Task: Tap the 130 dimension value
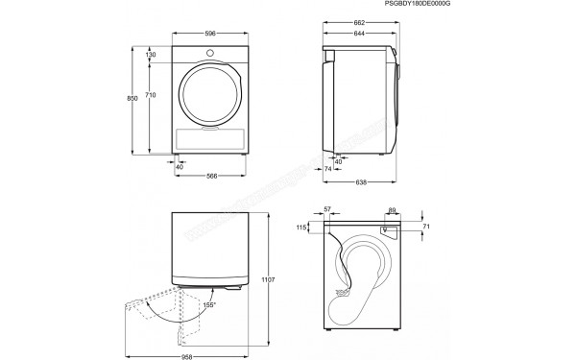coord(151,55)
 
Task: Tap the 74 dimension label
coord(327,168)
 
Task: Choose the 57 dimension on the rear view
coord(328,208)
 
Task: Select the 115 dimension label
coord(301,228)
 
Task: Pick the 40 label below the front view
coord(180,166)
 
